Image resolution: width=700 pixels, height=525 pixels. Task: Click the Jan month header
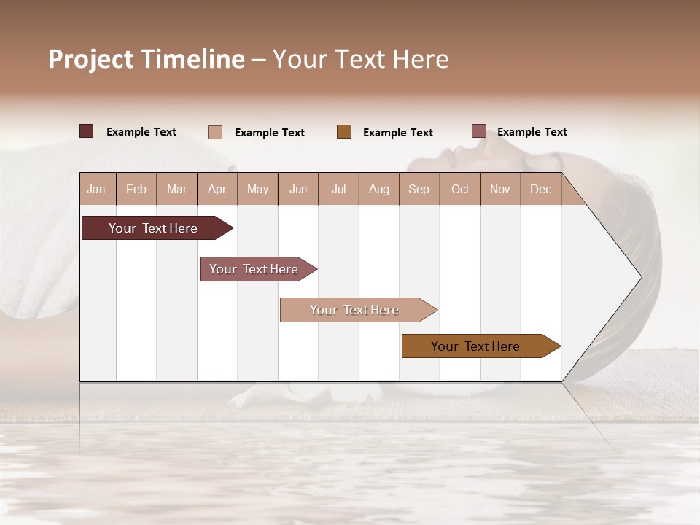pyautogui.click(x=97, y=189)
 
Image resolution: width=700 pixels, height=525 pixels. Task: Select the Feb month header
pyautogui.click(x=136, y=189)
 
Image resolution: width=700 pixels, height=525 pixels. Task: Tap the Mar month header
pyautogui.click(x=176, y=189)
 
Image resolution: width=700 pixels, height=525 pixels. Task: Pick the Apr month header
pyautogui.click(x=217, y=189)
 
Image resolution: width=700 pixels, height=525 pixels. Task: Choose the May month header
pyautogui.click(x=257, y=189)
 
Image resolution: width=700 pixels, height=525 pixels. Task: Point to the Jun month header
pyautogui.click(x=298, y=189)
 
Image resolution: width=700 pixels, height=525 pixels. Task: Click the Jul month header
pyautogui.click(x=338, y=189)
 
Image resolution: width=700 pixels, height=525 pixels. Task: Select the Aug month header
pyautogui.click(x=379, y=189)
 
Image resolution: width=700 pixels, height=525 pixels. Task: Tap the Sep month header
pyautogui.click(x=419, y=189)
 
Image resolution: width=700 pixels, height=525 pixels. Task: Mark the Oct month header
pyautogui.click(x=460, y=189)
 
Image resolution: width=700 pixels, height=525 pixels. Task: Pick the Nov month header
pyautogui.click(x=500, y=189)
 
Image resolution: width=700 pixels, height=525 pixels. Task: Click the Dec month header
pyautogui.click(x=541, y=189)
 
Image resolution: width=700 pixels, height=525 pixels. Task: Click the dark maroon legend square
pyautogui.click(x=87, y=131)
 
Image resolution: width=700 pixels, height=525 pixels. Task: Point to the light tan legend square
pyautogui.click(x=215, y=132)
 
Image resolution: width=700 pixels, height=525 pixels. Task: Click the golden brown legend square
pyautogui.click(x=344, y=131)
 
